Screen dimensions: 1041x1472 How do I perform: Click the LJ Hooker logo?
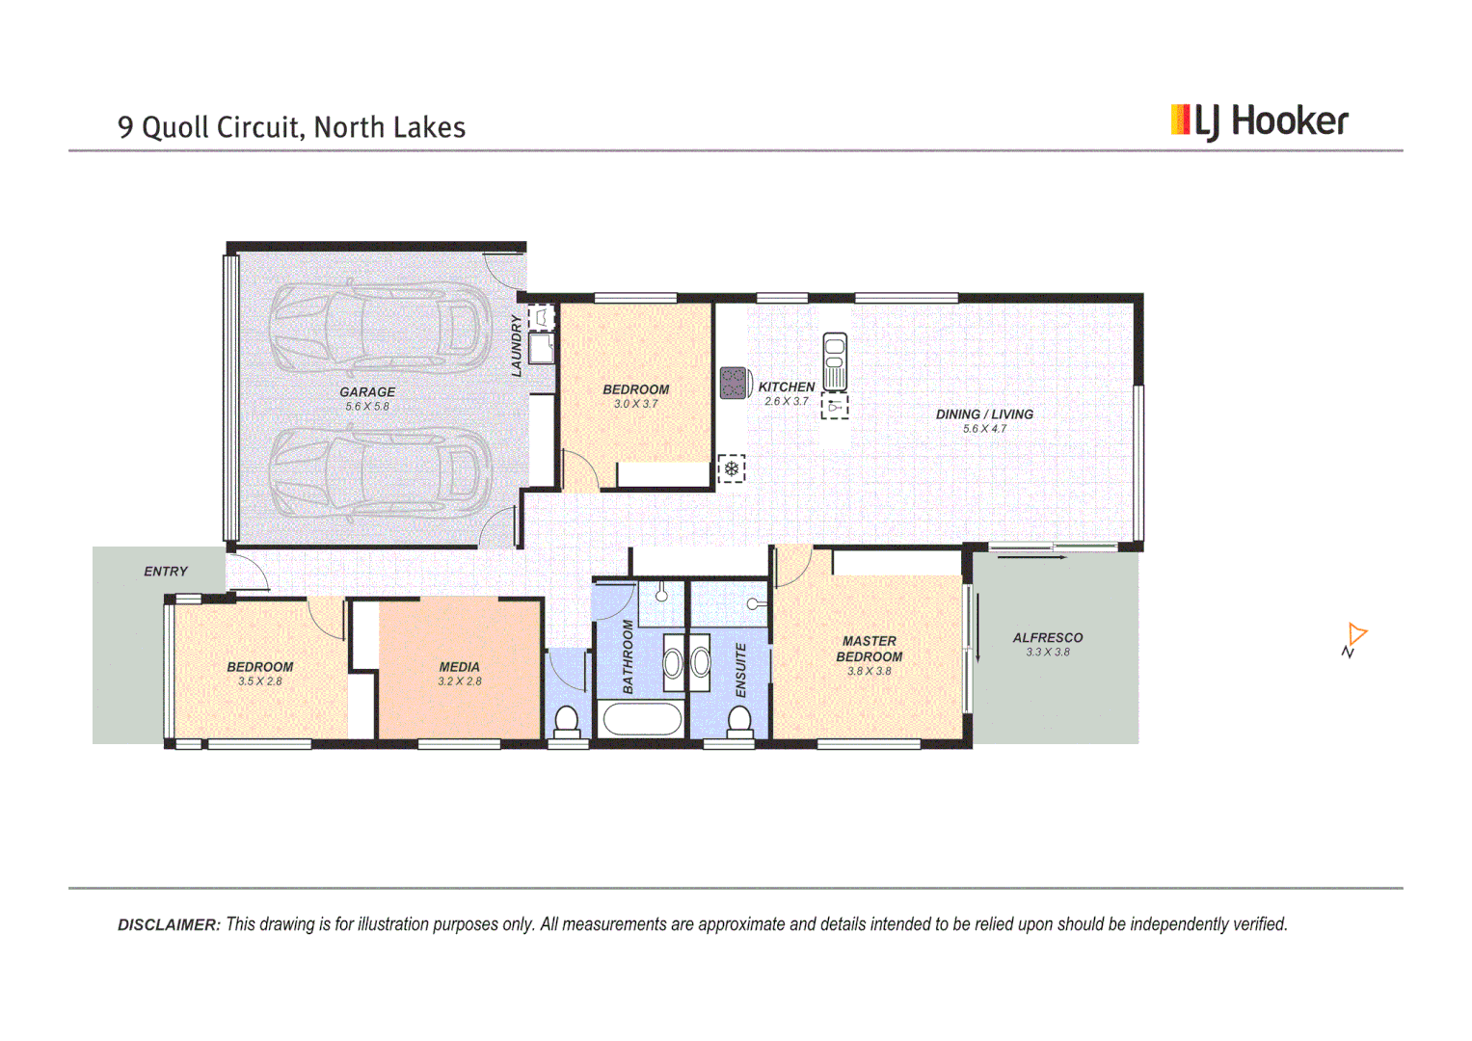pyautogui.click(x=1259, y=121)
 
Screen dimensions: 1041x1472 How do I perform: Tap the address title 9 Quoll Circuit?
pyautogui.click(x=291, y=127)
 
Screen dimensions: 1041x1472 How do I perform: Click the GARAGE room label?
pyautogui.click(x=367, y=392)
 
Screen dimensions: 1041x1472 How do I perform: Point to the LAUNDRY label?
pyautogui.click(x=517, y=345)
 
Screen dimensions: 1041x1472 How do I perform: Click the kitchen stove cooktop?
pyautogui.click(x=734, y=383)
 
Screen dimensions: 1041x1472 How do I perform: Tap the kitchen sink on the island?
pyautogui.click(x=835, y=360)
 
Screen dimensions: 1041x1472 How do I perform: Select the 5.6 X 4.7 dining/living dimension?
pyautogui.click(x=984, y=429)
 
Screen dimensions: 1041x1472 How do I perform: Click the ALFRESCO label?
pyautogui.click(x=1048, y=638)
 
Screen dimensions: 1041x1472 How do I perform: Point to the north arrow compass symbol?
pyautogui.click(x=1354, y=640)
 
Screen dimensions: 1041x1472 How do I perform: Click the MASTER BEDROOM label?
pyautogui.click(x=870, y=649)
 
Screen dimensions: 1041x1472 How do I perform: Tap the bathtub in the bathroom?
pyautogui.click(x=641, y=719)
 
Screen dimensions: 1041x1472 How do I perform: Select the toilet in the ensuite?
pyautogui.click(x=739, y=722)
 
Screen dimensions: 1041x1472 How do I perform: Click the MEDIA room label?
pyautogui.click(x=460, y=667)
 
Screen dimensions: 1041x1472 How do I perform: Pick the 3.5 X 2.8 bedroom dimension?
pyautogui.click(x=260, y=681)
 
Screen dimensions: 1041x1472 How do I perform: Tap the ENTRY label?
pyautogui.click(x=166, y=572)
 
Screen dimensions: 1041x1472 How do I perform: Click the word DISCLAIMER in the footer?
pyautogui.click(x=169, y=925)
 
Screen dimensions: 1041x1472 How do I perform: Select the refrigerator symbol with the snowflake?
pyautogui.click(x=732, y=469)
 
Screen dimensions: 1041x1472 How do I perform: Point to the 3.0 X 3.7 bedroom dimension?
pyautogui.click(x=635, y=404)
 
